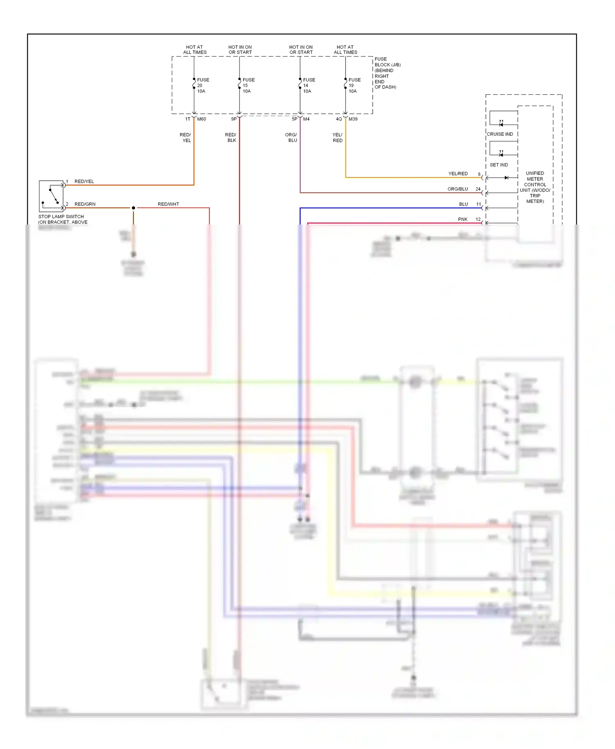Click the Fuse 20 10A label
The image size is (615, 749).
(x=203, y=86)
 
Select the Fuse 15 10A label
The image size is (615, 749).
(x=248, y=86)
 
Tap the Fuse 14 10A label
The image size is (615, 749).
(x=309, y=86)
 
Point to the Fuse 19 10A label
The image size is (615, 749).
(x=354, y=86)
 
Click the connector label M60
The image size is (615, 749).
(x=201, y=119)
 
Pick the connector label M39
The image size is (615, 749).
(x=353, y=119)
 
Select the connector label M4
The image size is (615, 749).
(x=306, y=119)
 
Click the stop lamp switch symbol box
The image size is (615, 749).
(x=51, y=196)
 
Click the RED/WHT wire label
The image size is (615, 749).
(x=168, y=204)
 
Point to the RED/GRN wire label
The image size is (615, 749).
(x=85, y=204)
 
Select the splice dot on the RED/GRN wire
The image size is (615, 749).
(x=133, y=208)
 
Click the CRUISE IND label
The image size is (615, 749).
(x=500, y=134)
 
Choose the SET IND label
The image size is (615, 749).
(x=499, y=165)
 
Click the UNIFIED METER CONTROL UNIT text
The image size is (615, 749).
(x=535, y=187)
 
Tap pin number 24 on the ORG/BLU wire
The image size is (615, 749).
(x=478, y=189)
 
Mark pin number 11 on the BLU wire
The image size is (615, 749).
(x=478, y=204)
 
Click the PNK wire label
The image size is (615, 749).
(x=462, y=220)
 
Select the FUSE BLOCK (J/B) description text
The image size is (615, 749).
(x=387, y=73)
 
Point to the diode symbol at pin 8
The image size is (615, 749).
(x=506, y=178)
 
